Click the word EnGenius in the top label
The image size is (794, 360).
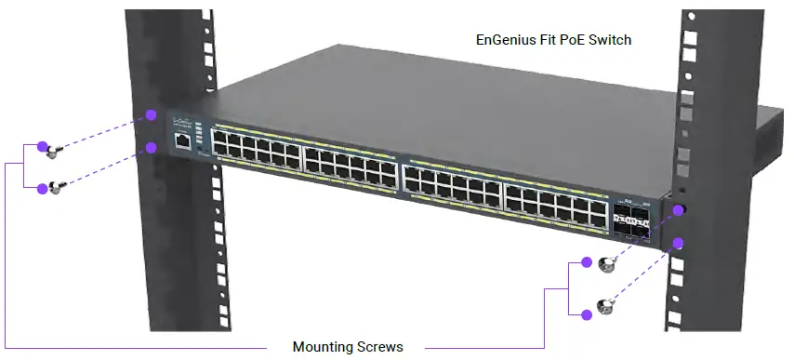[505, 41]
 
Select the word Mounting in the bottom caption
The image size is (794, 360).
[321, 347]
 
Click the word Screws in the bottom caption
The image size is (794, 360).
[380, 347]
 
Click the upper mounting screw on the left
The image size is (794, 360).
[56, 149]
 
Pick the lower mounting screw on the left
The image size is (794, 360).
[57, 187]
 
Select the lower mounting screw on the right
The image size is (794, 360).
[606, 306]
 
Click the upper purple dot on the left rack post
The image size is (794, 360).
[150, 115]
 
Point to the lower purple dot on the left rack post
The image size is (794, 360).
[151, 148]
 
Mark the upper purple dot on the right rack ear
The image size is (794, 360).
[679, 210]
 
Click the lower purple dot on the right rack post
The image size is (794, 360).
[679, 243]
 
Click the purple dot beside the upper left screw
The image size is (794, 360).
[42, 146]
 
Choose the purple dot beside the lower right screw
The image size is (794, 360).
[587, 314]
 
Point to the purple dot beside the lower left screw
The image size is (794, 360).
[42, 188]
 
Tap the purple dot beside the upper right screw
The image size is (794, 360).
[587, 262]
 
